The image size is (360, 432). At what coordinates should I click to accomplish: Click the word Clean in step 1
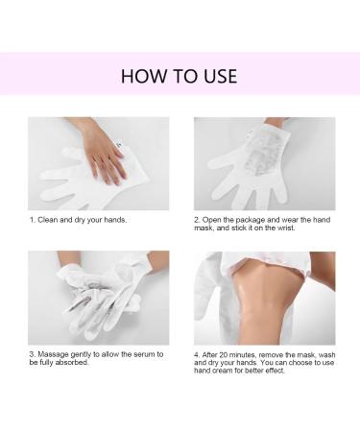48,220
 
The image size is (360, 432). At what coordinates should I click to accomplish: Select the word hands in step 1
115,220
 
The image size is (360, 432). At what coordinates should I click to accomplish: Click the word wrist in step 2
285,228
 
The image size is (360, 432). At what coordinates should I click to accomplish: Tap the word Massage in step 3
53,355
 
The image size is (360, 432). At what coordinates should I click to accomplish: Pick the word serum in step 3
143,354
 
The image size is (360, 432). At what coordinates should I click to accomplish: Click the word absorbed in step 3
72,363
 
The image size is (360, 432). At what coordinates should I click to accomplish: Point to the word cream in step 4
224,371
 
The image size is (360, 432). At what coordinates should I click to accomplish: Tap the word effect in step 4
275,371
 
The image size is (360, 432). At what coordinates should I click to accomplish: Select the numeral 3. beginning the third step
33,354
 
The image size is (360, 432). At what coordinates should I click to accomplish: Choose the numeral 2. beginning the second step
197,220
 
